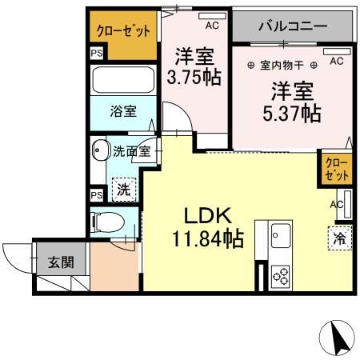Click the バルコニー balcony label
tap(292, 26)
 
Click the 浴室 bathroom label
tap(122, 112)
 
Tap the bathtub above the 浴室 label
tap(123, 80)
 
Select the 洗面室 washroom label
tap(130, 150)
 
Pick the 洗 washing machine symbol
tap(123, 189)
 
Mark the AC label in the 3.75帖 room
tap(212, 26)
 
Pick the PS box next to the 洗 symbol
tap(96, 194)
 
